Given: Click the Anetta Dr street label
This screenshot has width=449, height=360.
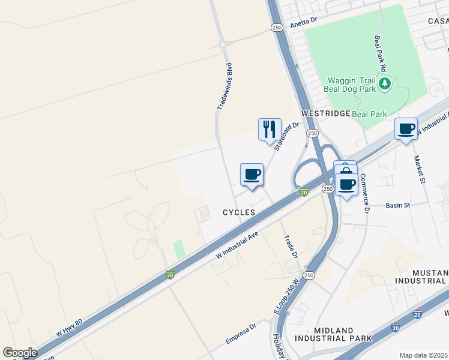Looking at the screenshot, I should click(x=303, y=23).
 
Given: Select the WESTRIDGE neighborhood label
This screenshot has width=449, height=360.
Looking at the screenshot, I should click(x=325, y=113).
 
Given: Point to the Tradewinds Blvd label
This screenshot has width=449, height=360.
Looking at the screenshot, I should click(x=224, y=87).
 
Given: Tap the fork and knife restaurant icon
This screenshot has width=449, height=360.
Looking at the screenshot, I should click(x=270, y=128).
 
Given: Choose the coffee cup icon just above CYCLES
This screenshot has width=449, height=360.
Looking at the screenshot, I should click(x=252, y=174).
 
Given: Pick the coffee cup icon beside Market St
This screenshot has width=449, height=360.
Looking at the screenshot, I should click(x=406, y=128).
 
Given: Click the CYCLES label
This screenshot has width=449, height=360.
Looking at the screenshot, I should click(x=239, y=212).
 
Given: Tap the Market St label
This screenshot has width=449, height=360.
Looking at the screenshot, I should click(x=418, y=170).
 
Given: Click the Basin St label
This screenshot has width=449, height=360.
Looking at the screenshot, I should click(x=397, y=205).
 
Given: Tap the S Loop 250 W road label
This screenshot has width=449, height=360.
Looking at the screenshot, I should click(x=286, y=296).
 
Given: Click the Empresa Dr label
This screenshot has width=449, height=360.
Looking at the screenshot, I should click(x=241, y=334).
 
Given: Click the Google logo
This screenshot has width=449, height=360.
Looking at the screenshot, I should click(x=20, y=353).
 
